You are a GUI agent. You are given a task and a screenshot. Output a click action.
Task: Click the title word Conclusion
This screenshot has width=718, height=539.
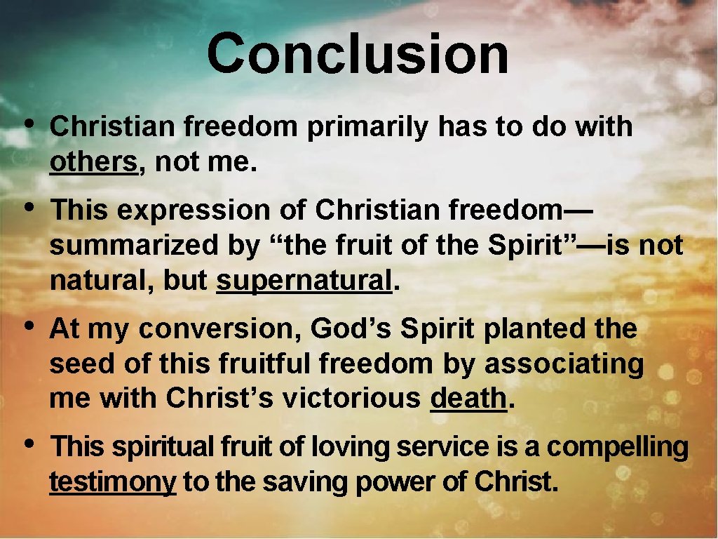pos(358,55)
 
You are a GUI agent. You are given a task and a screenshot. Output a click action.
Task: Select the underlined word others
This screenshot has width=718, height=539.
pos(93,163)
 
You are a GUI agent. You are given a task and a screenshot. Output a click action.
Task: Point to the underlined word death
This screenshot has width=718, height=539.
pos(468,398)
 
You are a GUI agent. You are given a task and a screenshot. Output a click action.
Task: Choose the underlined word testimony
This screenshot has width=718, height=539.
pos(112,482)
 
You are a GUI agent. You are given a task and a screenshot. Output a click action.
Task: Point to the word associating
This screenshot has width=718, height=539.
pos(564,364)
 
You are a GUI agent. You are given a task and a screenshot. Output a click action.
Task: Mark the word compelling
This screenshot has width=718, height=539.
pos(617,447)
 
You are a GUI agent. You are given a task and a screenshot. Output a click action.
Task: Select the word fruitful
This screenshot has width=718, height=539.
pos(266,364)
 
